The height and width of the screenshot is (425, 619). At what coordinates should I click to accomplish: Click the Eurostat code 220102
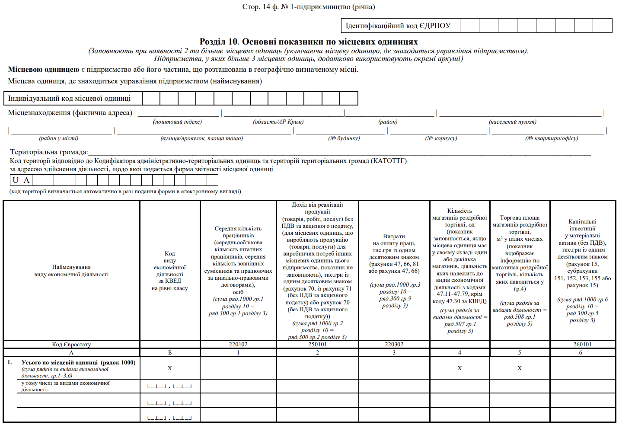click(x=238, y=345)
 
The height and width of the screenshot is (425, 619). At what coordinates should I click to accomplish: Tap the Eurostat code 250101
click(x=317, y=345)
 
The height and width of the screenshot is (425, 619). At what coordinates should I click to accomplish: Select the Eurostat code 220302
click(x=394, y=345)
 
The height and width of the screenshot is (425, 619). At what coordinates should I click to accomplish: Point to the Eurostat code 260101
click(x=582, y=345)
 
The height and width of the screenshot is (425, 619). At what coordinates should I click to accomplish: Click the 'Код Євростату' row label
click(x=71, y=345)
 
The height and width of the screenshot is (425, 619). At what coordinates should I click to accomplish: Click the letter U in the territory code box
click(x=16, y=180)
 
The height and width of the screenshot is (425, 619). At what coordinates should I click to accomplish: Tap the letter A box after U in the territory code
click(x=26, y=180)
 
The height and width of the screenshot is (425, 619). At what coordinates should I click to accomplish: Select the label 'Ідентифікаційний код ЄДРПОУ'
click(x=398, y=26)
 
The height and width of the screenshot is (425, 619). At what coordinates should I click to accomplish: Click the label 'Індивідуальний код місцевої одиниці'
click(x=69, y=99)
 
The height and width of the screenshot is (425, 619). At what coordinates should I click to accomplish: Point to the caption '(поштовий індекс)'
click(x=177, y=122)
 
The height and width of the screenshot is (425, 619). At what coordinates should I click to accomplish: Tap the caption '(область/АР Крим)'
click(x=278, y=122)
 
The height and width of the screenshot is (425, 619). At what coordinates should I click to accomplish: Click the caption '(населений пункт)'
click(x=513, y=122)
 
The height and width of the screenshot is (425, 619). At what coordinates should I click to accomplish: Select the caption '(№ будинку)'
click(x=344, y=138)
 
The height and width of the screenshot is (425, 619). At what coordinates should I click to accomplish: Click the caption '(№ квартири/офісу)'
click(x=552, y=138)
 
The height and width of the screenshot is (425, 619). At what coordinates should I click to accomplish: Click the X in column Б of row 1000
click(x=170, y=368)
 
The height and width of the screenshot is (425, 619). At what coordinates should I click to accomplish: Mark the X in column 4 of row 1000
click(x=459, y=368)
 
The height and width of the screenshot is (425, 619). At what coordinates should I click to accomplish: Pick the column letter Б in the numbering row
click(x=170, y=353)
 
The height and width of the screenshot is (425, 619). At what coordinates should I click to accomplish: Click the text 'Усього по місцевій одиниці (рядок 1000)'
click(x=78, y=363)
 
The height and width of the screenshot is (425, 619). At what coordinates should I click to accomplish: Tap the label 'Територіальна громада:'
click(x=49, y=152)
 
